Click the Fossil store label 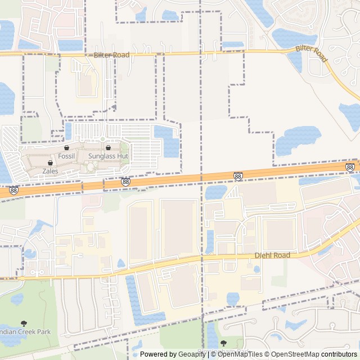[x=66, y=156]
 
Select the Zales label [x=50, y=171]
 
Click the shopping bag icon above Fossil [x=66, y=148]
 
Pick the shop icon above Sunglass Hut [x=108, y=148]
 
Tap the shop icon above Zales [x=50, y=163]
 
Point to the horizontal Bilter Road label [x=111, y=55]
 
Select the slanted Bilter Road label [x=312, y=55]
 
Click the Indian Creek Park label [x=25, y=331]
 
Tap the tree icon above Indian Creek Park [x=24, y=323]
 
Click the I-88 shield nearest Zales [x=13, y=191]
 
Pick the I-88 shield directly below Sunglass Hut [x=125, y=182]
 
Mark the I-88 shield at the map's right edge [x=350, y=167]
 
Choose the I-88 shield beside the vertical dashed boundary [x=238, y=176]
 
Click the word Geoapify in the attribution [x=192, y=354]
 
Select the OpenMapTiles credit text [x=239, y=354]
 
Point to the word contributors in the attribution [x=339, y=354]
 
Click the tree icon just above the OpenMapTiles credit [x=223, y=343]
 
